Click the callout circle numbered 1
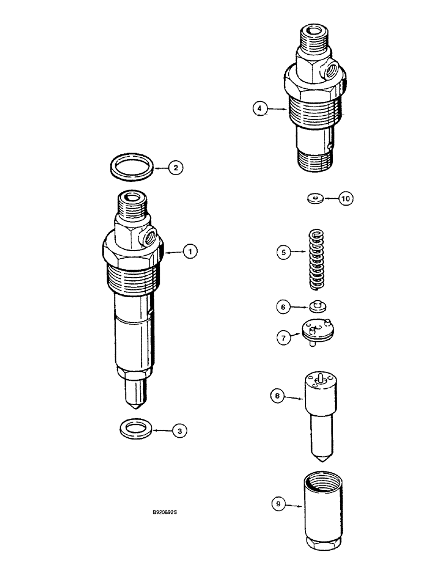pos(191,251)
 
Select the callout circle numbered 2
pos(175,168)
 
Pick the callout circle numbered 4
pos(261,108)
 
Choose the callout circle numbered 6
pos(283,308)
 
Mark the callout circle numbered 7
pos(283,338)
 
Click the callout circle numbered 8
pos(278,396)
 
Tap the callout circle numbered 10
pos(345,199)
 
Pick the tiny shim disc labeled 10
pos(315,199)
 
